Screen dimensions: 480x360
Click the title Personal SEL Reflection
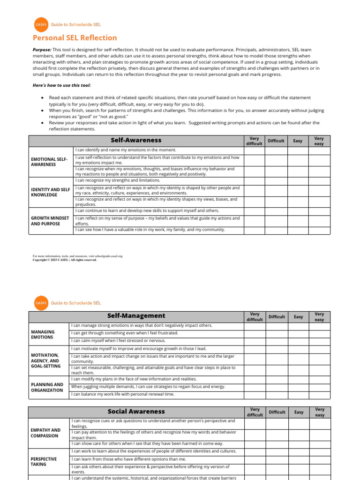pyautogui.click(x=75, y=38)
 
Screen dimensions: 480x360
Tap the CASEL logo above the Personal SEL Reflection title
pyautogui.click(x=41, y=24)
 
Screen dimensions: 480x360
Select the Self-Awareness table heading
pyautogui.click(x=136, y=140)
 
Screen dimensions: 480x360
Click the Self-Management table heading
pyautogui.click(x=136, y=316)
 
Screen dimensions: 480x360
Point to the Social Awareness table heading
pyautogui.click(x=136, y=412)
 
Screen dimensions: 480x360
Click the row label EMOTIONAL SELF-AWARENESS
pyautogui.click(x=49, y=162)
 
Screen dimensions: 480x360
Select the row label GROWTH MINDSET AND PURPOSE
pyautogui.click(x=50, y=221)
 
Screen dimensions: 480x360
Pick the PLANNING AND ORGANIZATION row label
pyautogui.click(x=47, y=387)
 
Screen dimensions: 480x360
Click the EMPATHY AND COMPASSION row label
pyautogui.click(x=45, y=433)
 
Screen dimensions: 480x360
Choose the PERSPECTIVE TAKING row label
pyautogui.click(x=44, y=461)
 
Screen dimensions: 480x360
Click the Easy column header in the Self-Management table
pyautogui.click(x=298, y=317)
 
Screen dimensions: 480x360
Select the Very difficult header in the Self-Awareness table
pyautogui.click(x=254, y=141)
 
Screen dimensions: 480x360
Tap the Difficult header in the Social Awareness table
pyautogui.click(x=277, y=412)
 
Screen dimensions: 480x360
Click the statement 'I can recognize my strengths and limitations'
pyautogui.click(x=118, y=180)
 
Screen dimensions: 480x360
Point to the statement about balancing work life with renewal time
pyautogui.click(x=122, y=395)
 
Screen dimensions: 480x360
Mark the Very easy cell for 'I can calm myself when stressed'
pyautogui.click(x=319, y=341)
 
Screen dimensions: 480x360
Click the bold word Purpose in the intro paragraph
pyautogui.click(x=42, y=50)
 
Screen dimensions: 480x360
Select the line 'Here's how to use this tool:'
pyautogui.click(x=61, y=85)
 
